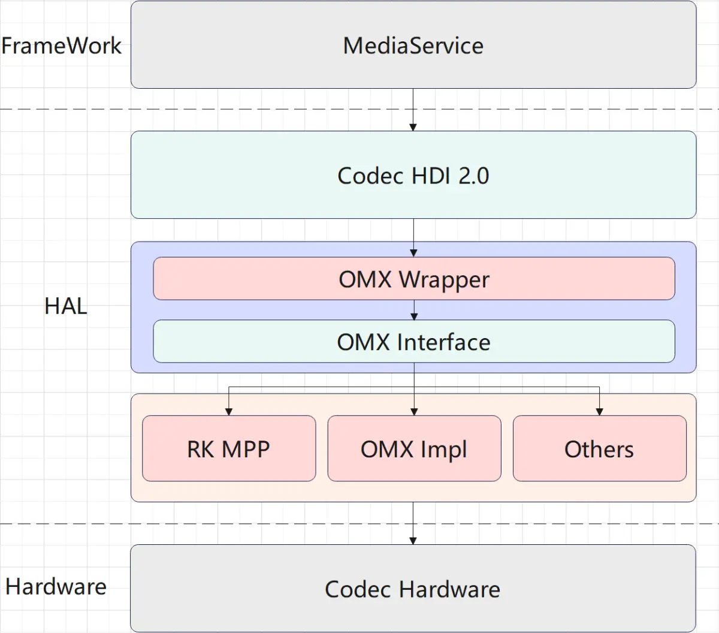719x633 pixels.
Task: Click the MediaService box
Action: [413, 46]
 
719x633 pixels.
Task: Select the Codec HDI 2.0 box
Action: [413, 175]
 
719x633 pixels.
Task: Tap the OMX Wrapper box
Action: [413, 279]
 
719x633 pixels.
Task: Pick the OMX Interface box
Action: [413, 342]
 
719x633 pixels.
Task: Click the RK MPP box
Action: [228, 449]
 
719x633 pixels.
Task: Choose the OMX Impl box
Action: [413, 449]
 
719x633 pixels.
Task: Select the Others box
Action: [599, 449]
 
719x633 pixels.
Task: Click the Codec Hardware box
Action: [413, 589]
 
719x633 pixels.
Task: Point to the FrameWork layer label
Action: [61, 46]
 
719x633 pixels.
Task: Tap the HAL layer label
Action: [65, 306]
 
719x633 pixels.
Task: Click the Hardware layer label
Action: [56, 586]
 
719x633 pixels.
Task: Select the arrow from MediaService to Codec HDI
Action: [413, 110]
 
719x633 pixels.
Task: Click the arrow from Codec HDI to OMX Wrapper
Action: [413, 237]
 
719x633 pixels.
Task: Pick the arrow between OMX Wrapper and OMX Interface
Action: [413, 311]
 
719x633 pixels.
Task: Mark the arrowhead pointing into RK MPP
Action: [228, 411]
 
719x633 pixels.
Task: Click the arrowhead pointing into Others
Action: [599, 411]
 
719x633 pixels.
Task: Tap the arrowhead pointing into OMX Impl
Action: [413, 411]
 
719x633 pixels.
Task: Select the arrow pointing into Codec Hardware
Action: [413, 523]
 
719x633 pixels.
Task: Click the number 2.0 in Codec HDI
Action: [474, 176]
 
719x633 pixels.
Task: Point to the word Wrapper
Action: [444, 280]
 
